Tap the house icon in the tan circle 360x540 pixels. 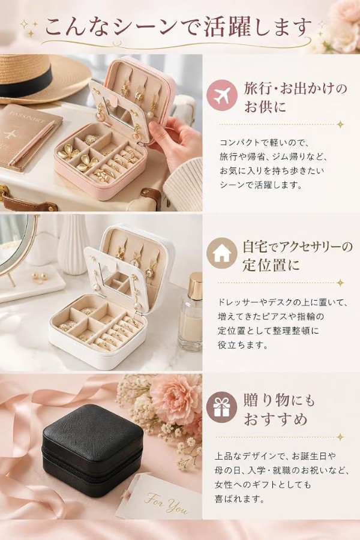pyautogui.click(x=221, y=253)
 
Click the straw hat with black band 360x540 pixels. pyautogui.click(x=38, y=77)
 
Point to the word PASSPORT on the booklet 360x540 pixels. pyautogui.click(x=28, y=115)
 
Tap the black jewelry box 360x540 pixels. pyautogui.click(x=92, y=451)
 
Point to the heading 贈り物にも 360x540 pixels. pyautogui.click(x=278, y=401)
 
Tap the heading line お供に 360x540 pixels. pyautogui.click(x=265, y=106)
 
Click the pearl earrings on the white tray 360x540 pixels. pyautogui.click(x=38, y=276)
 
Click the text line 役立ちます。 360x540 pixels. pyautogui.click(x=243, y=345)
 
